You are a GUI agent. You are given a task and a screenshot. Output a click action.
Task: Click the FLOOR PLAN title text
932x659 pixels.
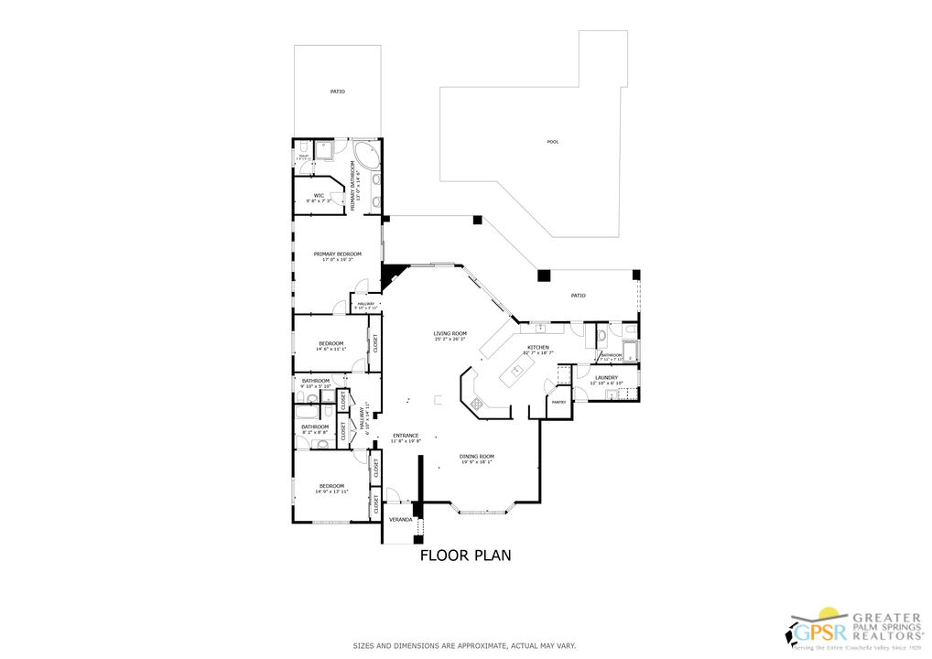[465, 555]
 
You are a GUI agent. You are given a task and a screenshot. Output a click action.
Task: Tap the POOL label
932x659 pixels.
[552, 142]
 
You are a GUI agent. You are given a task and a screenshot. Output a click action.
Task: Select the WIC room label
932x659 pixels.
[319, 195]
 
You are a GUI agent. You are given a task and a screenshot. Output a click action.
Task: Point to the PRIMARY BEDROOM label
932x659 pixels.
[337, 254]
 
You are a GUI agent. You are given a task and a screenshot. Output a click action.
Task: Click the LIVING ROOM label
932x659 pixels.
[450, 333]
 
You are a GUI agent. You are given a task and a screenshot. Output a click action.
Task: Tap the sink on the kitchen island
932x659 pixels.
[516, 370]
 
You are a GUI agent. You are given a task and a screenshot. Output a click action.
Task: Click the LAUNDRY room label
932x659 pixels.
[606, 377]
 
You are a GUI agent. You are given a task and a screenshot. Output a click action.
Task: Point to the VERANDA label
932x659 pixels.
[400, 519]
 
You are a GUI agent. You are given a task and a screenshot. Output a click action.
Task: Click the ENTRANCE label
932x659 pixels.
[406, 435]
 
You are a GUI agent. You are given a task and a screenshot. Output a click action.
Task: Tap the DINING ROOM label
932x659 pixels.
[477, 456]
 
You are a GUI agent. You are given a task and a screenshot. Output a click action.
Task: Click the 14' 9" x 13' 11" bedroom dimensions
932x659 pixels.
[331, 492]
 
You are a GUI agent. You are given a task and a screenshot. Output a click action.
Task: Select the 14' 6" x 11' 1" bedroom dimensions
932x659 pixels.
[331, 349]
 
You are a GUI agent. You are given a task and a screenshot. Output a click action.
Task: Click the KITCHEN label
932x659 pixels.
[537, 348]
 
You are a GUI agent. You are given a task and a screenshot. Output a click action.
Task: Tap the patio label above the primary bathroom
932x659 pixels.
[338, 92]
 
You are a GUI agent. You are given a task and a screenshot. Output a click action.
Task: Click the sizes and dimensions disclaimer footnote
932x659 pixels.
[465, 646]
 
